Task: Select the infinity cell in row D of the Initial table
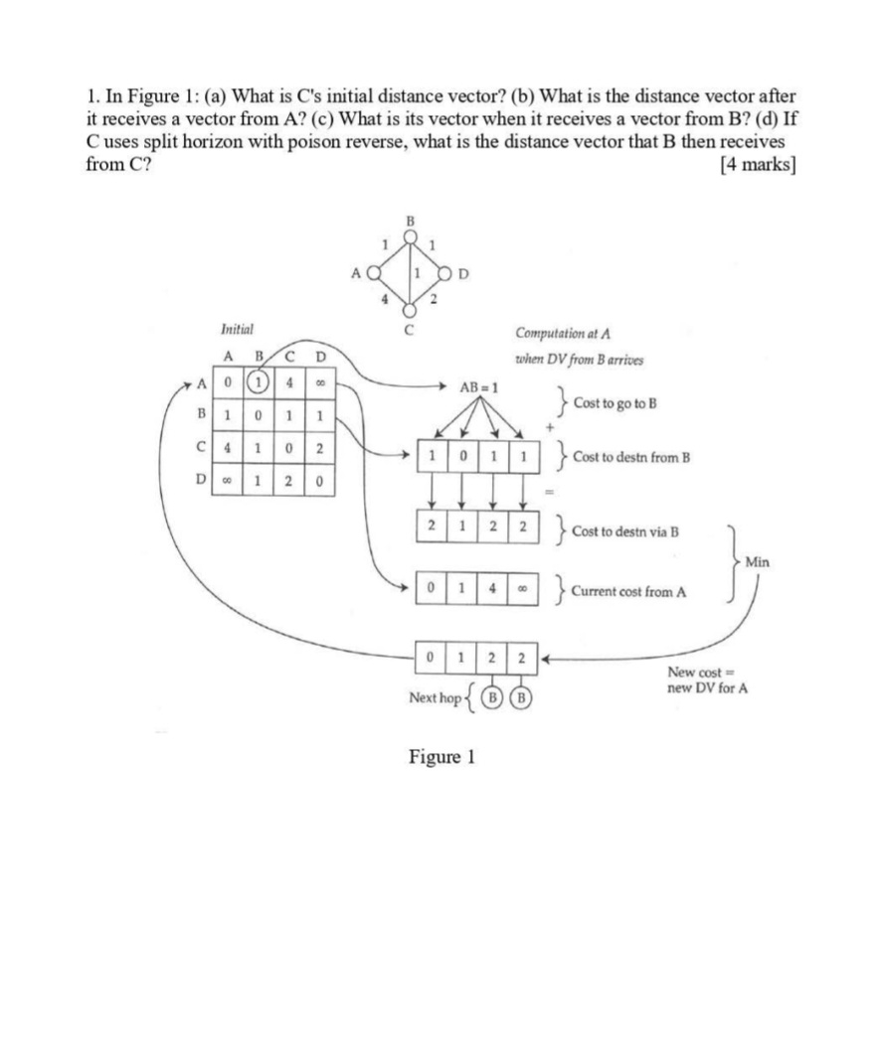click(x=228, y=484)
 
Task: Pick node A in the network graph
click(x=372, y=270)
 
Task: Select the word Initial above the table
click(x=237, y=329)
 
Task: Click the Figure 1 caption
click(x=441, y=757)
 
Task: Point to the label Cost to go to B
click(x=615, y=405)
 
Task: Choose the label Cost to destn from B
click(x=631, y=458)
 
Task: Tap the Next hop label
click(x=436, y=698)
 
